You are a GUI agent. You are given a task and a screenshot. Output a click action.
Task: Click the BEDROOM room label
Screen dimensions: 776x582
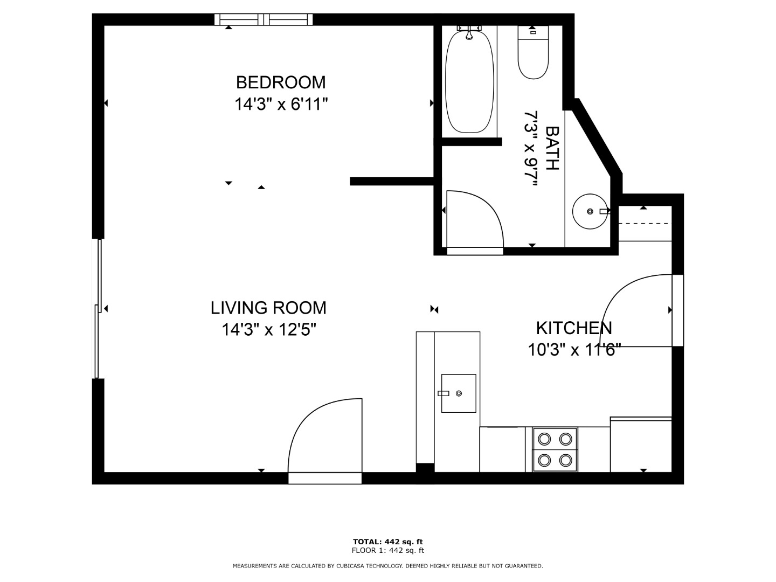[281, 82]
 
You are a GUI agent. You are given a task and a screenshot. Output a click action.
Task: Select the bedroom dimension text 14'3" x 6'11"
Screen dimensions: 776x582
[281, 104]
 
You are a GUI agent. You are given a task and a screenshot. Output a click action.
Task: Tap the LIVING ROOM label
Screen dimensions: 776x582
[268, 308]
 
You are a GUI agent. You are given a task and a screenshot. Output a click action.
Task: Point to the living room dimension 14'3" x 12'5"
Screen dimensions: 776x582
[269, 330]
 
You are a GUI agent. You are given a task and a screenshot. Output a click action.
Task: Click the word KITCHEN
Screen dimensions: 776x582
[574, 328]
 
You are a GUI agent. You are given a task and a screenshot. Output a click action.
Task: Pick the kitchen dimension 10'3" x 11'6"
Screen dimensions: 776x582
[574, 350]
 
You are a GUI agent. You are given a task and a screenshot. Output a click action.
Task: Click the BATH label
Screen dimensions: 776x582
[552, 148]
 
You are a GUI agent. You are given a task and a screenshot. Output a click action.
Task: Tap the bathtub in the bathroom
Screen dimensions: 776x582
[469, 81]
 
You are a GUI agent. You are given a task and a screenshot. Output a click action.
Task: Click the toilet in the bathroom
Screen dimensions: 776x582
[533, 52]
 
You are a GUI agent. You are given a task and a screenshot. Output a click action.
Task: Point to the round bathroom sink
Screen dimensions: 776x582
[590, 211]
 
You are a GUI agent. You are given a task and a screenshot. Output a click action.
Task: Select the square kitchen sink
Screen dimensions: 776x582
[459, 393]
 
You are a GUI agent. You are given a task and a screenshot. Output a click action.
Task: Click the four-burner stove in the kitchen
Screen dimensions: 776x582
[555, 450]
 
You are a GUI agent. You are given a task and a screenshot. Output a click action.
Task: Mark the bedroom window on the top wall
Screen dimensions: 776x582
[264, 19]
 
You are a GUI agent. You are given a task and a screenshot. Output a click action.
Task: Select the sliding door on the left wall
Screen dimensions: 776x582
[98, 308]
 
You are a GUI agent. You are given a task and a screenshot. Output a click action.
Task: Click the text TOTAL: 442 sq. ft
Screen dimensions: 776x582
[388, 542]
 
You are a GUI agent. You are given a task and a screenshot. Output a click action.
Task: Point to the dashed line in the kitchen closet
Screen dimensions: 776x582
[643, 223]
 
